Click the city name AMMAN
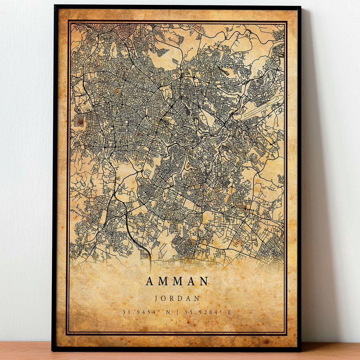tap(177, 281)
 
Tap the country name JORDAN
tap(177, 298)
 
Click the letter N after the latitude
tap(168, 312)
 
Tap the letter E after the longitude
tap(230, 312)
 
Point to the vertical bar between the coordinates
tap(178, 312)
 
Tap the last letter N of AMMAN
tap(205, 281)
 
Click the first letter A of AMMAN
tap(149, 281)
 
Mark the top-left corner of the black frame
tap(55, 6)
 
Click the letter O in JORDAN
tap(164, 298)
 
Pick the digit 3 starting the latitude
tap(124, 312)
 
